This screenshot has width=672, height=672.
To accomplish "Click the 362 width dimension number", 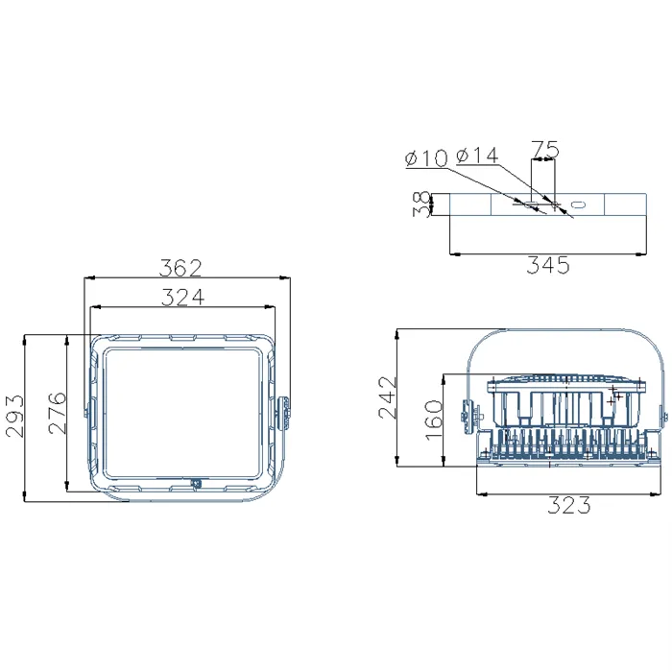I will [182, 265].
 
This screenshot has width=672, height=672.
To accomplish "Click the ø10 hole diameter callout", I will [426, 158].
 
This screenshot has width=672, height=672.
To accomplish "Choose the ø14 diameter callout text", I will [477, 156].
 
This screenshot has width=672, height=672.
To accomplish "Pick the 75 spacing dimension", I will [544, 149].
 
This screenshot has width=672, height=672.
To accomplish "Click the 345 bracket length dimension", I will [546, 265].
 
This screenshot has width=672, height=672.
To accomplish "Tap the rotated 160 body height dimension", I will [432, 418].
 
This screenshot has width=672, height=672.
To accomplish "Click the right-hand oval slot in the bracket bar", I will [579, 204].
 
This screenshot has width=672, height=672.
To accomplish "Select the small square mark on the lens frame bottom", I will [196, 484].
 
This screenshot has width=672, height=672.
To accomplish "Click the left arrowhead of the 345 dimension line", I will [453, 253].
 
